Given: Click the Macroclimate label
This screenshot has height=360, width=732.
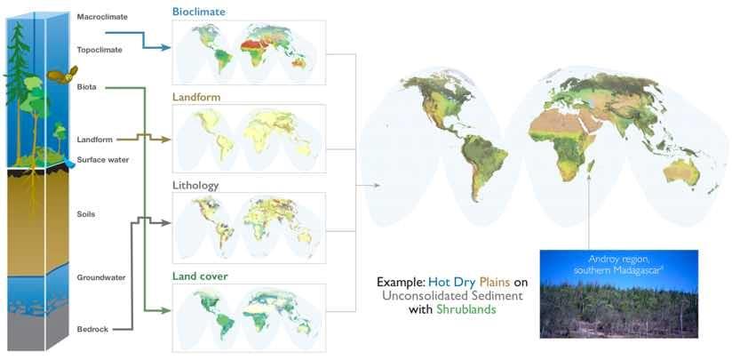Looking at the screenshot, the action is click(x=102, y=17).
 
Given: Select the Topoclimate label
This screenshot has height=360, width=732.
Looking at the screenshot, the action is click(x=99, y=50).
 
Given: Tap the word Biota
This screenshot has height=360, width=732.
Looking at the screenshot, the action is click(x=87, y=87).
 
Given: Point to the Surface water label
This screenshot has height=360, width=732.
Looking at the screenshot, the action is click(x=103, y=160).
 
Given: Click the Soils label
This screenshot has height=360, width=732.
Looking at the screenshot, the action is click(x=86, y=214).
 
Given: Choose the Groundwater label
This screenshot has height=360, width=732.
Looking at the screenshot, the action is click(x=101, y=277).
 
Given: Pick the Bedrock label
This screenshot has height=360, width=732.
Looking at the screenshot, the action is click(x=92, y=329).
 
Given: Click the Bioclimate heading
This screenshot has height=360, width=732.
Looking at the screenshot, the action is click(x=199, y=12).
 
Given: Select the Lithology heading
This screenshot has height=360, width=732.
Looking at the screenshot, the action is click(x=195, y=186).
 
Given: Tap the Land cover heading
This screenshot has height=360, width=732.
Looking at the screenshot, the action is click(x=200, y=276).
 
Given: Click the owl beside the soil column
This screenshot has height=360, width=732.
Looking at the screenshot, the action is click(x=62, y=76).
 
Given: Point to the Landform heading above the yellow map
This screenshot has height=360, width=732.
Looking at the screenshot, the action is click(x=196, y=97).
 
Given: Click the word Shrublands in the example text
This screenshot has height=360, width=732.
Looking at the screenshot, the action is click(x=465, y=309).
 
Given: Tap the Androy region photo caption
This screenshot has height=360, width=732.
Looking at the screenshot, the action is click(x=618, y=264).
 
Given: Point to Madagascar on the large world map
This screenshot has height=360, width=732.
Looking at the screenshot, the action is click(x=590, y=166).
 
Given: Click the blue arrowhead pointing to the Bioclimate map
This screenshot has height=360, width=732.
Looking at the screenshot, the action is click(x=165, y=47).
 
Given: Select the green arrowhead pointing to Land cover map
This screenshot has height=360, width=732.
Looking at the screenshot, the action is click(x=165, y=310).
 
